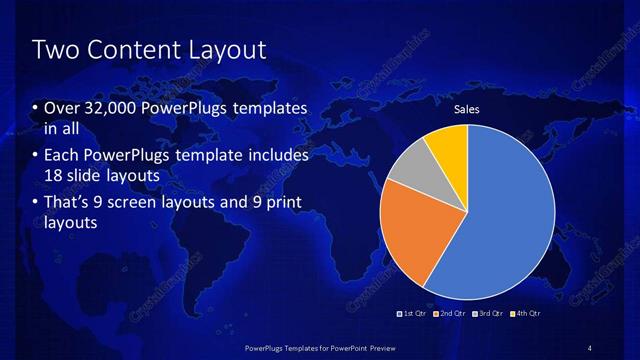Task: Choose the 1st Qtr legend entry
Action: tap(413, 313)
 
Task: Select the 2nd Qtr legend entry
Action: tap(450, 313)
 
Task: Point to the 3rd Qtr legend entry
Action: tap(487, 313)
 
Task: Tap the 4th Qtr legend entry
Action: tap(525, 313)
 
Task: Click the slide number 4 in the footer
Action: tap(590, 347)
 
